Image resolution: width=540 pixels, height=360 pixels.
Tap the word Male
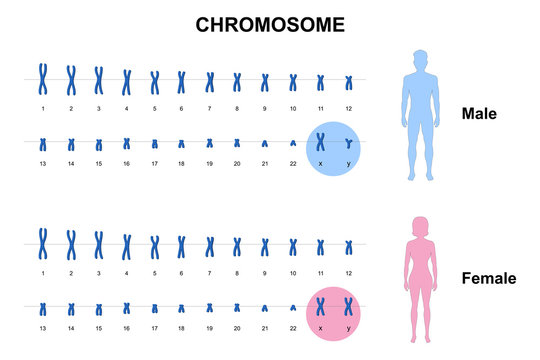480,114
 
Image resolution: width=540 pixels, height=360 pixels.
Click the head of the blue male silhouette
421,59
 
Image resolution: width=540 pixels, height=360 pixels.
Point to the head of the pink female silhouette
419,225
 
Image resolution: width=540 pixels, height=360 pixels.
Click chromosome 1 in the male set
44,77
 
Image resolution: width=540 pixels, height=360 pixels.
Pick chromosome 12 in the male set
349,81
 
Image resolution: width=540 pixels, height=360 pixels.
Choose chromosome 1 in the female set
44,242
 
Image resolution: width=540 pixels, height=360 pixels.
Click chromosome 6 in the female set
182,244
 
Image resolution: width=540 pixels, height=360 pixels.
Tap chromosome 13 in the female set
44,310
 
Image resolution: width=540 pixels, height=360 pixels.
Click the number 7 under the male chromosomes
210,107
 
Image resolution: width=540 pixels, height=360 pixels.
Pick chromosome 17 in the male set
155,145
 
